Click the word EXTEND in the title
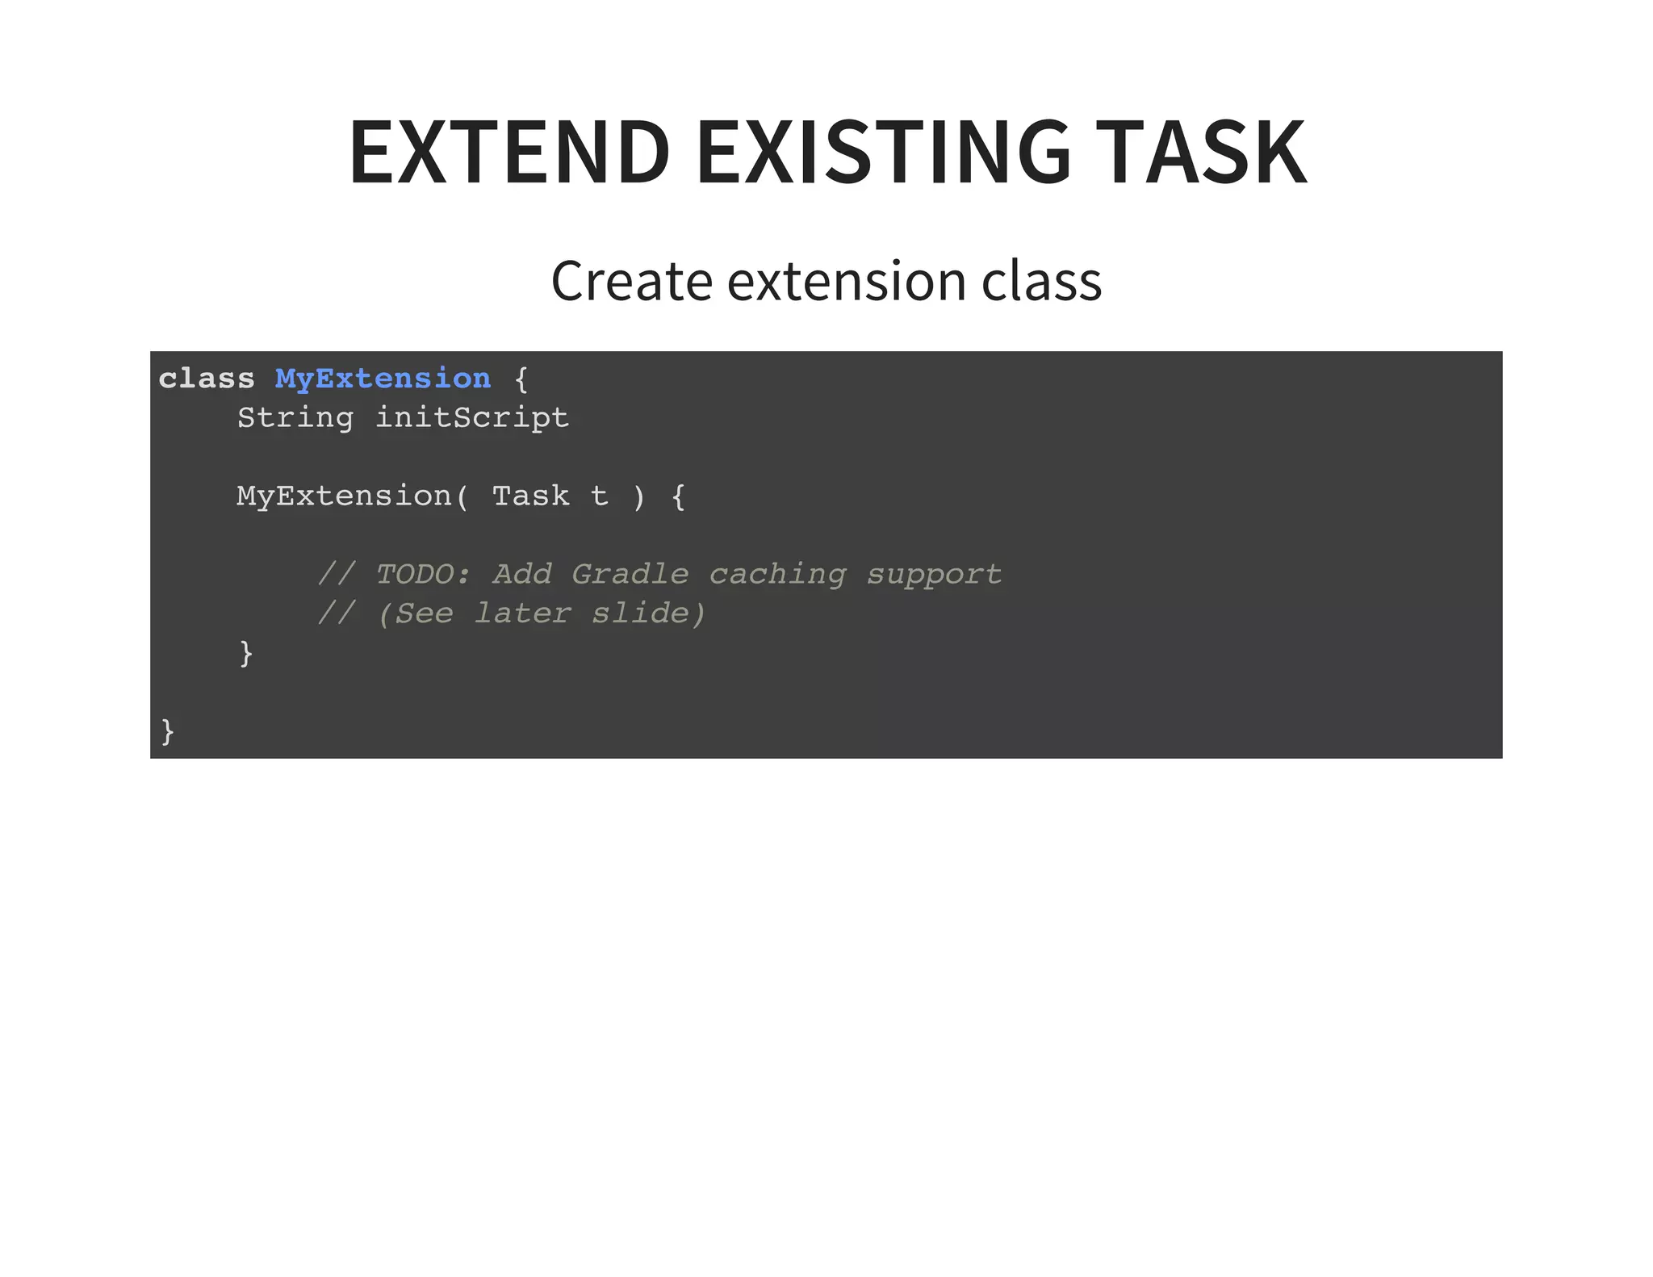(509, 152)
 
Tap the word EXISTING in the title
(883, 152)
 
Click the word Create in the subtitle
(632, 281)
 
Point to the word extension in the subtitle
(847, 281)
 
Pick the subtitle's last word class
(1041, 281)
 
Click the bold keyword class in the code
(207, 379)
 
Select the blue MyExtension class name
(383, 379)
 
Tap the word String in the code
(295, 418)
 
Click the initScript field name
(472, 418)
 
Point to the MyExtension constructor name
(344, 496)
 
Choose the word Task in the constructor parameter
(530, 496)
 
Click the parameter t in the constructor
(599, 496)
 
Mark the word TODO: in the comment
(424, 575)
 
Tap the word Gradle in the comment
(630, 575)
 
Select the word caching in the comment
(777, 575)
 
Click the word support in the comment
(934, 575)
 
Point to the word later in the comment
(522, 613)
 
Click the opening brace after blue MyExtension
(521, 379)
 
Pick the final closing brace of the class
(168, 731)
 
